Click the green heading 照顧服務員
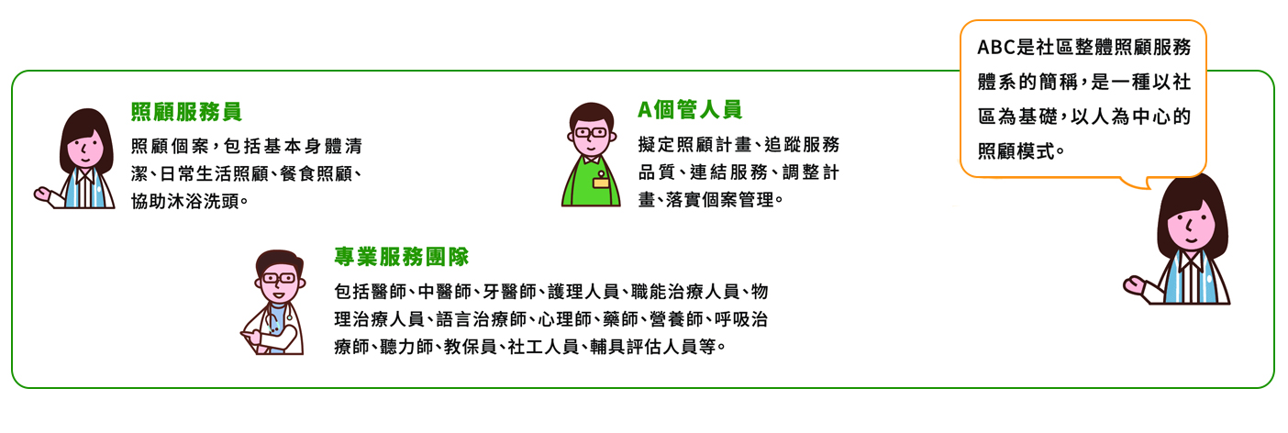186,112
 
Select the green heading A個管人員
690,109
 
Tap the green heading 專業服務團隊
401,257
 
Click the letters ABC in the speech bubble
996,47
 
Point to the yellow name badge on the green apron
600,183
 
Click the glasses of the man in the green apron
591,133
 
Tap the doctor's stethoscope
275,322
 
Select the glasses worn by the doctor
279,278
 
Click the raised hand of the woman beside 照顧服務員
43,195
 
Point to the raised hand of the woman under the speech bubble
1135,284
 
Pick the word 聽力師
406,347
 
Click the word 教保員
471,347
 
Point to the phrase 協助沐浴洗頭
184,201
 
